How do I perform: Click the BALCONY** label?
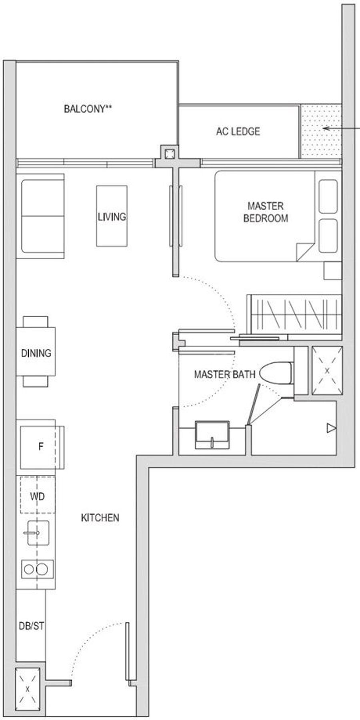(88, 109)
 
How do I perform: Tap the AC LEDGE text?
(238, 131)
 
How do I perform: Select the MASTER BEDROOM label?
(266, 212)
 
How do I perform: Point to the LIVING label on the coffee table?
(112, 216)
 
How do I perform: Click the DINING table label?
(36, 353)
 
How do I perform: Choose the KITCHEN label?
(100, 518)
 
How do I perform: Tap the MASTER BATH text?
(224, 374)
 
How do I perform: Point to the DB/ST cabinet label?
(32, 626)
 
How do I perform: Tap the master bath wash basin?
(212, 434)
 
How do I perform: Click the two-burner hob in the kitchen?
(38, 569)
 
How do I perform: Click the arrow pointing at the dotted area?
(342, 128)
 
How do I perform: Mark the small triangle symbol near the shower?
(331, 428)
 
